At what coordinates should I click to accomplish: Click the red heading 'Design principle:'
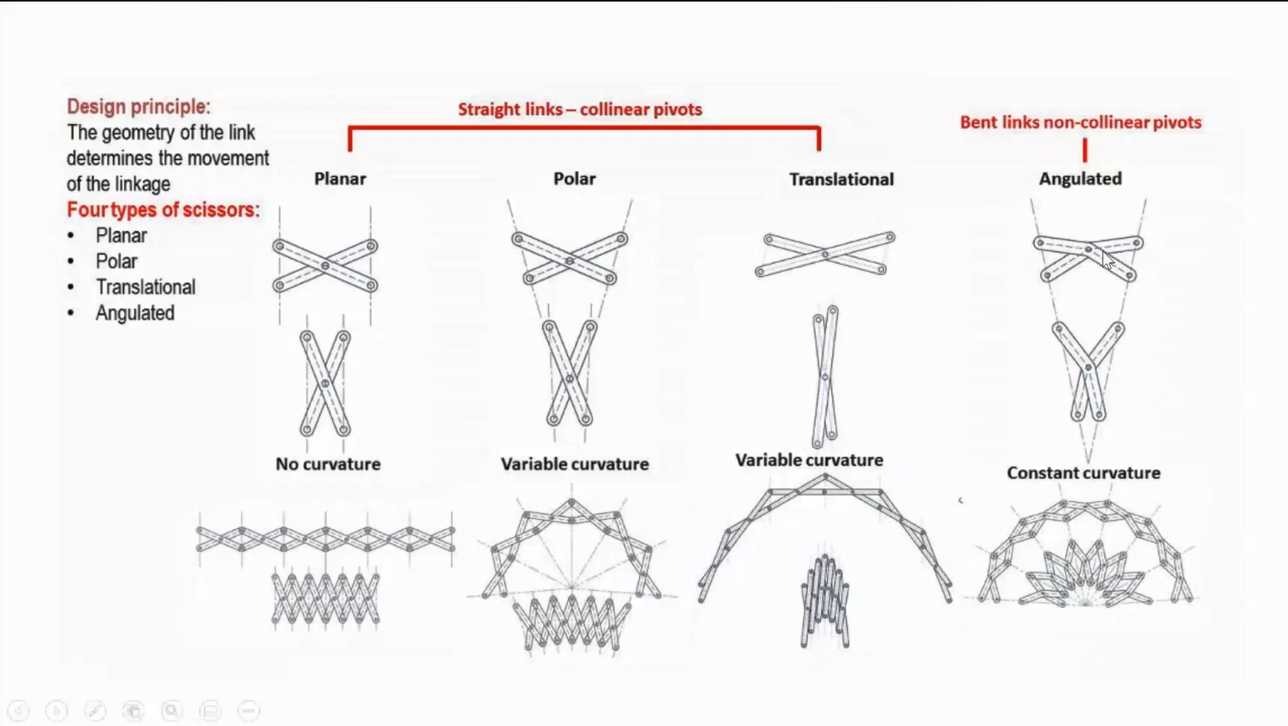(x=138, y=106)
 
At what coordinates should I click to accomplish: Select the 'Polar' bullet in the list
(x=116, y=261)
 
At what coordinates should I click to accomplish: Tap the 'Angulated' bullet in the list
(x=135, y=313)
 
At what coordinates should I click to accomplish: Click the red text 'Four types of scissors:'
(x=164, y=209)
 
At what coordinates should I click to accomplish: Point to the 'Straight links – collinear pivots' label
(x=580, y=110)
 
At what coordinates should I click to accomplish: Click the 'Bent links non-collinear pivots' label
(x=1081, y=122)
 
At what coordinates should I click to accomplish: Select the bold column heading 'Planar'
(x=340, y=179)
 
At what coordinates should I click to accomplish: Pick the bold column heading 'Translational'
(x=841, y=180)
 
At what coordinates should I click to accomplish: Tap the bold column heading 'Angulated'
(x=1081, y=179)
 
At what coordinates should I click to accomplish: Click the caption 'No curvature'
(x=328, y=464)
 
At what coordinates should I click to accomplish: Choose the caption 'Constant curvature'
(x=1083, y=473)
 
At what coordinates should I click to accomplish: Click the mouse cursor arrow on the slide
(x=1108, y=261)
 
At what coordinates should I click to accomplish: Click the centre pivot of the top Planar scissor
(x=325, y=266)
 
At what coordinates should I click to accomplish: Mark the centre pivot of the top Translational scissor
(x=825, y=254)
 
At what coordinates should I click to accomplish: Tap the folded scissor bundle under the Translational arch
(x=825, y=601)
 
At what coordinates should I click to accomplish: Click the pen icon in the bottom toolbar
(x=95, y=711)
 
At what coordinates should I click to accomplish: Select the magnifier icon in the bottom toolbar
(x=171, y=711)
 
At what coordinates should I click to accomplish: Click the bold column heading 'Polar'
(x=574, y=179)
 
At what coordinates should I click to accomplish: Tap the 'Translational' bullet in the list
(x=146, y=287)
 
